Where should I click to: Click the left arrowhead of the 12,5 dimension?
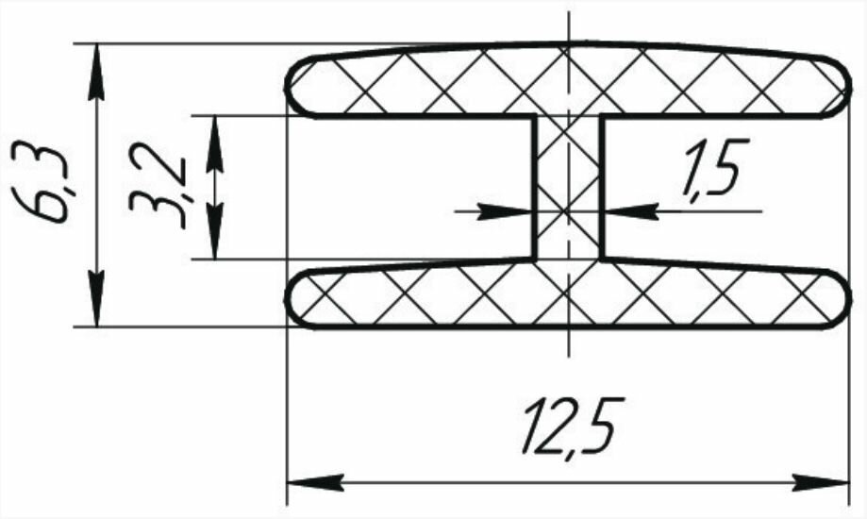pyautogui.click(x=302, y=482)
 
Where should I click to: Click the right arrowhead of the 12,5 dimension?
pyautogui.click(x=835, y=482)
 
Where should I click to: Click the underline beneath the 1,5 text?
pyautogui.click(x=717, y=209)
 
